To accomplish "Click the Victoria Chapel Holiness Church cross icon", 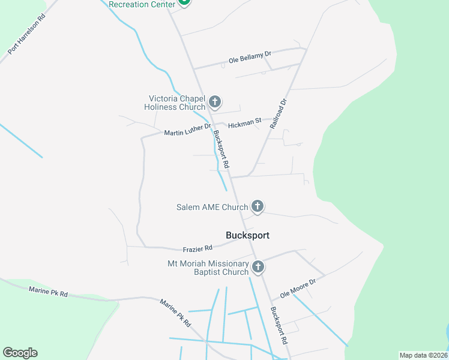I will (x=215, y=101).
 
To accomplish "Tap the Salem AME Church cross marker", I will (x=258, y=207).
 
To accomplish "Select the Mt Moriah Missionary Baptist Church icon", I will (x=258, y=267).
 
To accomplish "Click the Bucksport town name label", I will (x=247, y=235).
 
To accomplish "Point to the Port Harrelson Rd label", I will (x=26, y=35).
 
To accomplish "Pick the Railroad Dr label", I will (x=279, y=114).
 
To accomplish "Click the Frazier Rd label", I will (x=197, y=248).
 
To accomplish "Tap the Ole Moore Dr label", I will (x=297, y=288).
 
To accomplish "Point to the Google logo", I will (x=20, y=353).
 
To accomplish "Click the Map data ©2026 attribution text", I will (x=423, y=355).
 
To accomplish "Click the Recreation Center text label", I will (x=142, y=4).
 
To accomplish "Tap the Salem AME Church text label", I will (x=212, y=208).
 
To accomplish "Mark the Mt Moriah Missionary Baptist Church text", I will (x=208, y=268).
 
